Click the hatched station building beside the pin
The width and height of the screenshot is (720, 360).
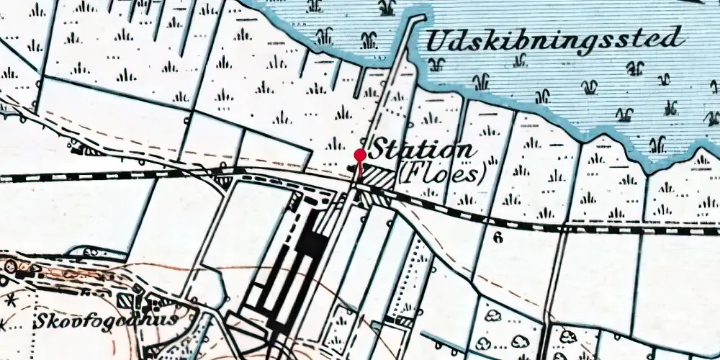tap(377, 176)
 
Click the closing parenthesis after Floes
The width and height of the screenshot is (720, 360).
tap(482, 173)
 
